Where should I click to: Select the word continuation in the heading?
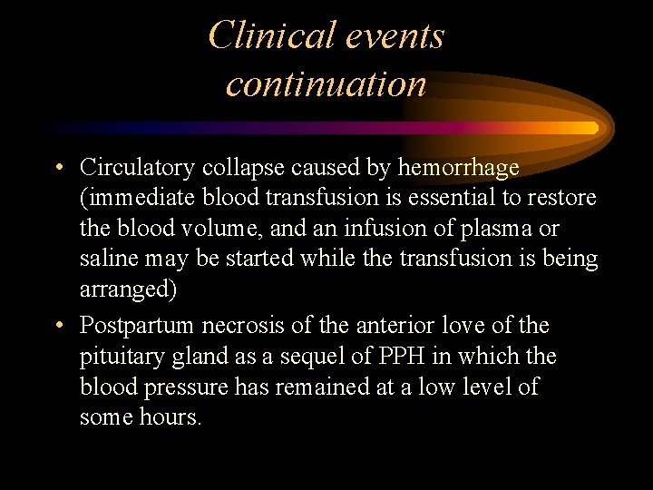tap(326, 83)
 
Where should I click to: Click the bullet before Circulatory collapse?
tap(58, 167)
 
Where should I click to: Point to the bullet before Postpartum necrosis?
tap(58, 325)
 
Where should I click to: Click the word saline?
tap(107, 259)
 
